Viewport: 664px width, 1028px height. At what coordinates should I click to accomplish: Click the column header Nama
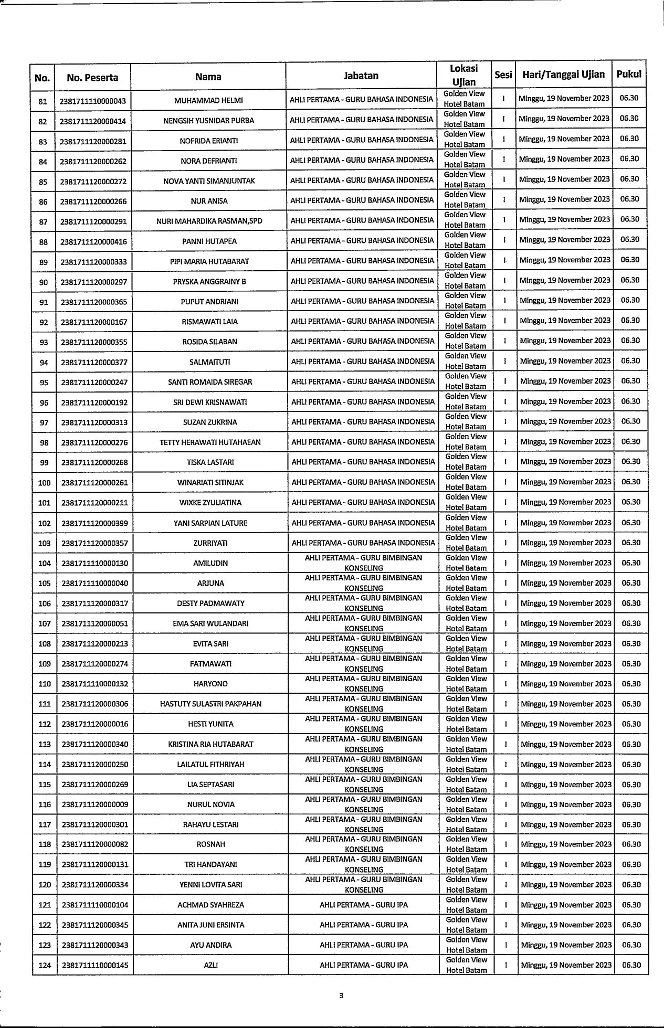[208, 77]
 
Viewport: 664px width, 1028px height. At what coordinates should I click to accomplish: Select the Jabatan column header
[361, 76]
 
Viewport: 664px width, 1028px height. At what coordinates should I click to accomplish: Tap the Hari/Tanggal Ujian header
[563, 75]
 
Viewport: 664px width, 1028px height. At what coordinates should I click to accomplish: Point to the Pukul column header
[629, 74]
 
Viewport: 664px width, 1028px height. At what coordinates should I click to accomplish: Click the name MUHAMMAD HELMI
[208, 100]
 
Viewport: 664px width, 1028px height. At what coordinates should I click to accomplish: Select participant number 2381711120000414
[93, 121]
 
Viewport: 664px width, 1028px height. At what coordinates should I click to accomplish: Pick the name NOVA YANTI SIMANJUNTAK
[209, 181]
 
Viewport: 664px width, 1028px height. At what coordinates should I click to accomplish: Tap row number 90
[44, 282]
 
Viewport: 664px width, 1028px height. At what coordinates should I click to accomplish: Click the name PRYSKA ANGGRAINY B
[209, 282]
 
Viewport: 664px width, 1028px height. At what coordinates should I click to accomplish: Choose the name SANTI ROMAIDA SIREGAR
[210, 382]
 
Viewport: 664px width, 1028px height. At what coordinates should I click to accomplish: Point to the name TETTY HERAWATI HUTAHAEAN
[210, 442]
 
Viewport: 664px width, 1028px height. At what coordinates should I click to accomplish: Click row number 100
[45, 483]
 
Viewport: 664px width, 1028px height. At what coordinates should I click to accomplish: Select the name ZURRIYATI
[210, 543]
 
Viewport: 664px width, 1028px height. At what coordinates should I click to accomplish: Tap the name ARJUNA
[210, 584]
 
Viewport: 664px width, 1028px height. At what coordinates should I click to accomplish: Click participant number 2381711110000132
[94, 684]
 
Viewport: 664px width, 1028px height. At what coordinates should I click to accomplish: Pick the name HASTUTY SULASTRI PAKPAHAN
[210, 704]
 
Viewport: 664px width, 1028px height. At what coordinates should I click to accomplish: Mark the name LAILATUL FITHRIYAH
[210, 765]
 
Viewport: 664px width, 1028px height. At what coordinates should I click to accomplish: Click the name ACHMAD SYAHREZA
[210, 905]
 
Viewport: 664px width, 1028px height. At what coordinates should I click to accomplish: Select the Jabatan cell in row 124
[364, 965]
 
